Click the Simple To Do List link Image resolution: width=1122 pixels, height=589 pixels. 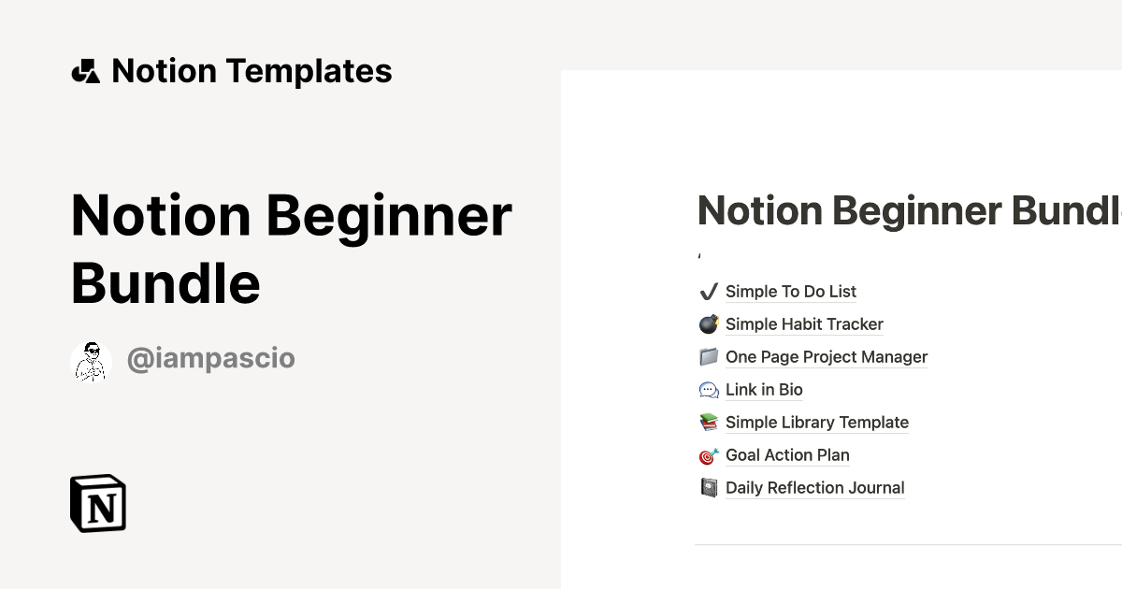(x=790, y=292)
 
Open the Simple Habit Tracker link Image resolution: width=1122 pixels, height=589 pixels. (x=804, y=324)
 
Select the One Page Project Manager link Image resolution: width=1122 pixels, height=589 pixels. (x=827, y=357)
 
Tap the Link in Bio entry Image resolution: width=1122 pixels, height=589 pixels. (x=764, y=390)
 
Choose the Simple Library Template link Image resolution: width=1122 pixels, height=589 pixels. (x=816, y=423)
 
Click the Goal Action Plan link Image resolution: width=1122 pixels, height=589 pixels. (x=787, y=455)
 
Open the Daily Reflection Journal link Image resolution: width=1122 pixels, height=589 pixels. (x=814, y=488)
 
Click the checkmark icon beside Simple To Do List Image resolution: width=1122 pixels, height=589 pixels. (x=708, y=292)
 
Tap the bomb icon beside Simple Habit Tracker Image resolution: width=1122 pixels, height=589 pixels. (x=709, y=324)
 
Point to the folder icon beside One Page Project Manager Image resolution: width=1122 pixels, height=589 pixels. (x=709, y=357)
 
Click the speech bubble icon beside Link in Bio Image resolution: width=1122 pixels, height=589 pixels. (x=709, y=390)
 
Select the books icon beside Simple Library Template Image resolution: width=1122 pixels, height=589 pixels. (x=709, y=423)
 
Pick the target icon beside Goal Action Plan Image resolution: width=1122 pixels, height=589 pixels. (x=709, y=455)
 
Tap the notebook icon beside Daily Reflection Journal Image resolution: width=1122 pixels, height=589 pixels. (x=709, y=488)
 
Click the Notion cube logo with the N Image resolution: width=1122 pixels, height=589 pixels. (x=98, y=503)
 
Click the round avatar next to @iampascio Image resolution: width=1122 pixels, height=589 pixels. (x=91, y=361)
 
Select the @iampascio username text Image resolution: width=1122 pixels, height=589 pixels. (x=210, y=359)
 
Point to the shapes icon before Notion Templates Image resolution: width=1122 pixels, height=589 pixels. (x=85, y=71)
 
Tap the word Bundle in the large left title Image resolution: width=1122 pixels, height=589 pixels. (x=165, y=283)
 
